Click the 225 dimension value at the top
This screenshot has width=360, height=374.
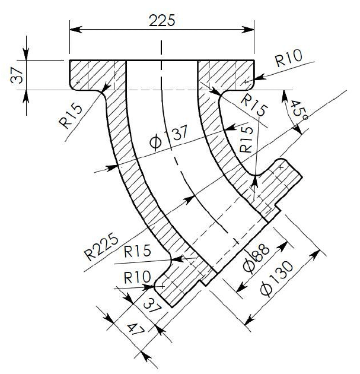161,20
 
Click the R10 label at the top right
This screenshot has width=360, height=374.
289,57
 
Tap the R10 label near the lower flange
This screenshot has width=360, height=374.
135,277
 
